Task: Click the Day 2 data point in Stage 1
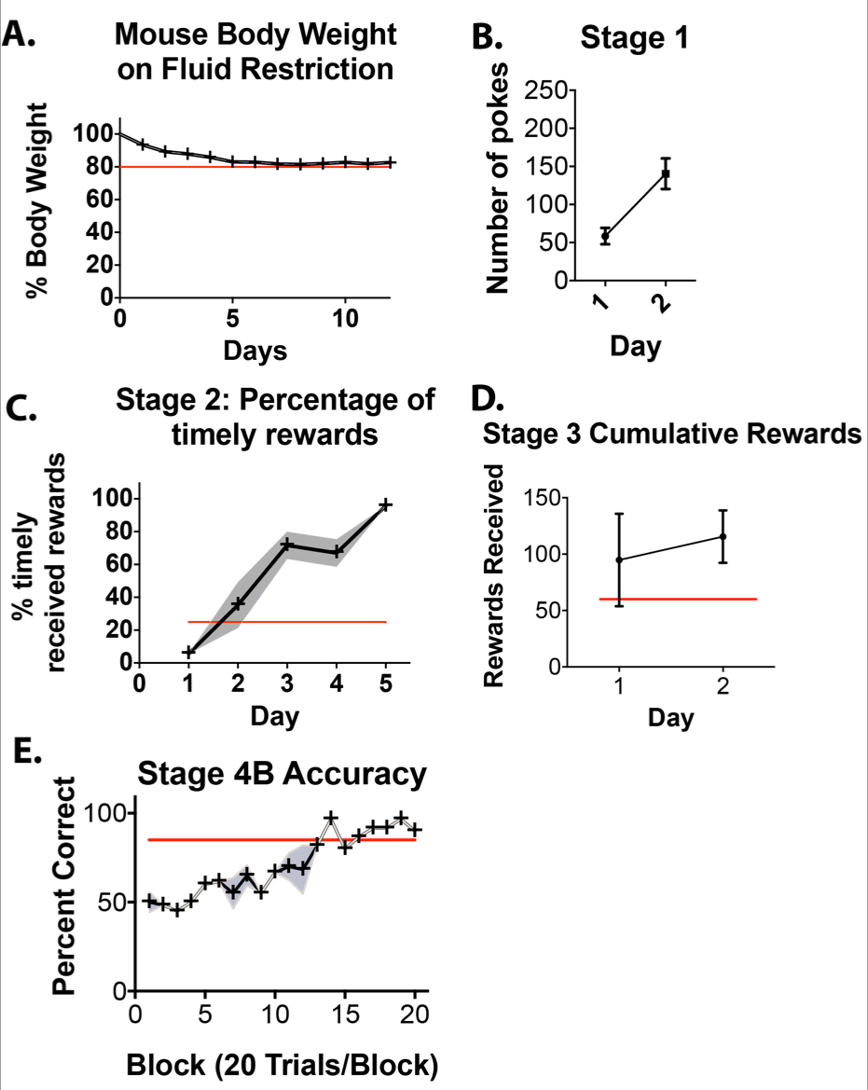pos(666,173)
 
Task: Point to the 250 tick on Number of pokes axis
pos(545,90)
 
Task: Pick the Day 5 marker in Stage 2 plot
pos(385,504)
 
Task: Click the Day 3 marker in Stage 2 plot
pos(287,544)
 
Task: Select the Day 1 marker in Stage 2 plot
pos(189,652)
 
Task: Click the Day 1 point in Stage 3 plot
pos(619,559)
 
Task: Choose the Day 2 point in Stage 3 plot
pos(723,536)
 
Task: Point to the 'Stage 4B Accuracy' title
pos(282,774)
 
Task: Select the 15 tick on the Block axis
pos(344,1014)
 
